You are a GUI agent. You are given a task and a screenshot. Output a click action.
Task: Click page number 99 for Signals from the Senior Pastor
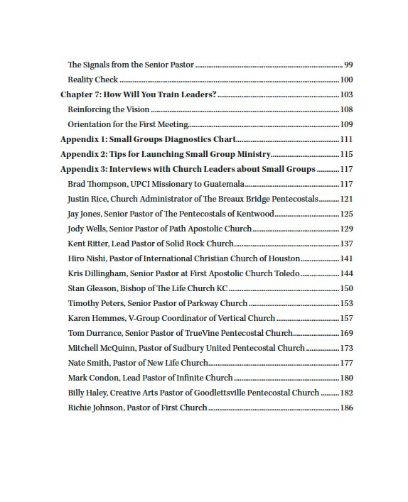348,65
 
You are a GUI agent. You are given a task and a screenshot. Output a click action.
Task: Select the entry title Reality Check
92,80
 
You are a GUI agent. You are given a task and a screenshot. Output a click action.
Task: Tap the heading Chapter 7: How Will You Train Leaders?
138,94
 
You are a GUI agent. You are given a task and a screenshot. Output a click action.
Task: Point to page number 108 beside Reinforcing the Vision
347,109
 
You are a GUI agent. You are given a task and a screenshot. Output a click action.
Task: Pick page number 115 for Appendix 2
347,154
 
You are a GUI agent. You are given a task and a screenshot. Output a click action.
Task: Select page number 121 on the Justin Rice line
347,199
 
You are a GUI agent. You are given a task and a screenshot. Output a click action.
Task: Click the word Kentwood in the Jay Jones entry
254,214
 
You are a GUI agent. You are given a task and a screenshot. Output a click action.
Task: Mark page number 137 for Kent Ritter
347,244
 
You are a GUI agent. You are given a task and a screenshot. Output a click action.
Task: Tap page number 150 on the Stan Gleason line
347,288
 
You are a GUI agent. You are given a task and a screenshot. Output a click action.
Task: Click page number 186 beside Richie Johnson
347,408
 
